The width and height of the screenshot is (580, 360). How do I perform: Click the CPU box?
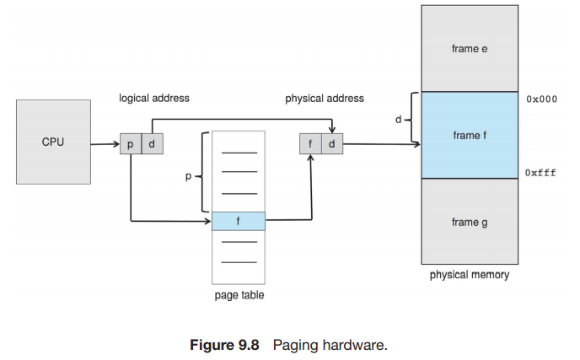pyautogui.click(x=53, y=142)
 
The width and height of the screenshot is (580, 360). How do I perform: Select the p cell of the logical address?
pyautogui.click(x=131, y=143)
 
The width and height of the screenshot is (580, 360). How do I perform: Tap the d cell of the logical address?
pyautogui.click(x=152, y=143)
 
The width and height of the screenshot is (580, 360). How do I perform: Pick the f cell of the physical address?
pyautogui.click(x=310, y=143)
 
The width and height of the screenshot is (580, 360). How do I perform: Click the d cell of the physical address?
pyautogui.click(x=331, y=143)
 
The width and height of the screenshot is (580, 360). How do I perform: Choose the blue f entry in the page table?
pyautogui.click(x=239, y=221)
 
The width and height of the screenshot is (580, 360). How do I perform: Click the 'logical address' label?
pyautogui.click(x=154, y=99)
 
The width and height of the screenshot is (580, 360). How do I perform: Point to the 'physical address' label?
pyautogui.click(x=325, y=99)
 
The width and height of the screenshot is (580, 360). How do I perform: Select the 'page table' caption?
pyautogui.click(x=239, y=295)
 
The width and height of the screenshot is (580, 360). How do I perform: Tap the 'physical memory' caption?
pyautogui.click(x=470, y=275)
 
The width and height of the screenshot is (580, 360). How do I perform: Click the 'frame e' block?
pyautogui.click(x=470, y=49)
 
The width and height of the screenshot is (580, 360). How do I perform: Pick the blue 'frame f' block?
pyautogui.click(x=470, y=135)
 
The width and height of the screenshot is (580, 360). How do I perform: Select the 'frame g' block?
pyautogui.click(x=470, y=222)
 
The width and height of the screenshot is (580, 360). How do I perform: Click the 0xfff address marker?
pyautogui.click(x=540, y=172)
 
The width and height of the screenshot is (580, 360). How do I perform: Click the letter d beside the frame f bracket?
pyautogui.click(x=398, y=120)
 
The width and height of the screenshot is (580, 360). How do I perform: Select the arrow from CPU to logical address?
pyautogui.click(x=105, y=144)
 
